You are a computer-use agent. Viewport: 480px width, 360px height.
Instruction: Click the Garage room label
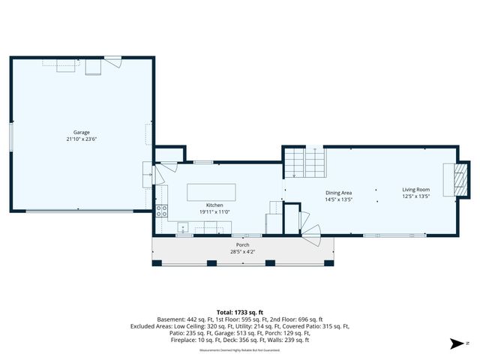pyautogui.click(x=80, y=132)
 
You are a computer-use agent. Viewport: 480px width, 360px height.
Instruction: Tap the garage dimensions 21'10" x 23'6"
pyautogui.click(x=80, y=139)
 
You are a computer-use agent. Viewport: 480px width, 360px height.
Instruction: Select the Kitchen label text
pyautogui.click(x=215, y=205)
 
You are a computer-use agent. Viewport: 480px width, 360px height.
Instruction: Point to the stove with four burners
pyautogui.click(x=160, y=210)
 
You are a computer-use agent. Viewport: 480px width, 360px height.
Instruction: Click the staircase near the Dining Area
pyautogui.click(x=305, y=162)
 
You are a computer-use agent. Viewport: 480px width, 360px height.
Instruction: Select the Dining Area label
pyautogui.click(x=338, y=193)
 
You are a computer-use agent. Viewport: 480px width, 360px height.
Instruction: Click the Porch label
pyautogui.click(x=242, y=245)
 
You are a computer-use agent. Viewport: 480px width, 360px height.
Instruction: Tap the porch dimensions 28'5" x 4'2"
pyautogui.click(x=242, y=251)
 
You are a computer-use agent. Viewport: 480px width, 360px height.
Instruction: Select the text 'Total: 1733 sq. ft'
pyautogui.click(x=239, y=312)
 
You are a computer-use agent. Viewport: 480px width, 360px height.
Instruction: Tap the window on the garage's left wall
pyautogui.click(x=10, y=139)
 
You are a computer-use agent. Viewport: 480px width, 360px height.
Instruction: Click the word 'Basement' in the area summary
pyautogui.click(x=169, y=319)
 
